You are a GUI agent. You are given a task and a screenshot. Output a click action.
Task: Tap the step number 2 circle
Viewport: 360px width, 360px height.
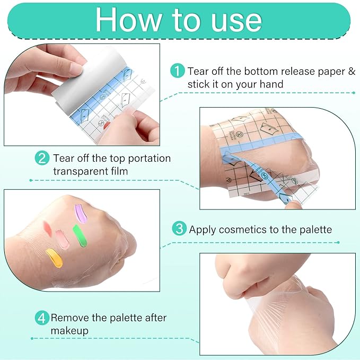point(42,158)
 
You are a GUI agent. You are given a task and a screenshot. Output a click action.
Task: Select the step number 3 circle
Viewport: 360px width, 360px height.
point(179,229)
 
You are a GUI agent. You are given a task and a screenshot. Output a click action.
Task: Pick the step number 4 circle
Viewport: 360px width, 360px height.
point(42,318)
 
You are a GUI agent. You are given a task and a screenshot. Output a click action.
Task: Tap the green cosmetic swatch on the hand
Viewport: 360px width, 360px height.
point(80,236)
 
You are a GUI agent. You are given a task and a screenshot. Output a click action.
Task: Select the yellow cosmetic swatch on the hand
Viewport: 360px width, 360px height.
point(55,257)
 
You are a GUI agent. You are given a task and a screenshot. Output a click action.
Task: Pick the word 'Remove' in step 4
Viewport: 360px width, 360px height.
point(69,318)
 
